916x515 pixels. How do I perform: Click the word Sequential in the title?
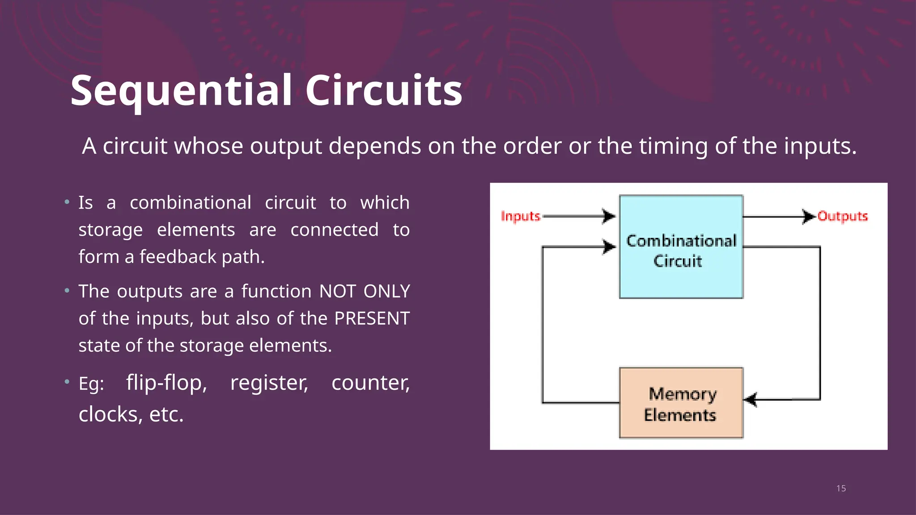[181, 91]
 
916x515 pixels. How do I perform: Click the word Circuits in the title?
[383, 91]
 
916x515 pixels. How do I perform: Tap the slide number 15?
[841, 489]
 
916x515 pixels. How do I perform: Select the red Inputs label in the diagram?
[521, 216]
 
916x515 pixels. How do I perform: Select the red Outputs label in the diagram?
[842, 216]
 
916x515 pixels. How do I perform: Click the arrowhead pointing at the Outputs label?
[809, 216]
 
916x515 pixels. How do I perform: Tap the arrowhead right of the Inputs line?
[609, 216]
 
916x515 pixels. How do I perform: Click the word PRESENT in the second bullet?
[372, 319]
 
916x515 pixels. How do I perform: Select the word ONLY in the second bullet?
[386, 291]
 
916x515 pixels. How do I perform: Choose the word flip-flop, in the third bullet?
[166, 383]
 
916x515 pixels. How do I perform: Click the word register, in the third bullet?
[269, 383]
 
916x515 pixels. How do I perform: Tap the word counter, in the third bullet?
[370, 383]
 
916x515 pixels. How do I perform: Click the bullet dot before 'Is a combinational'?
[67, 202]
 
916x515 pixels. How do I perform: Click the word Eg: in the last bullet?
[91, 384]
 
